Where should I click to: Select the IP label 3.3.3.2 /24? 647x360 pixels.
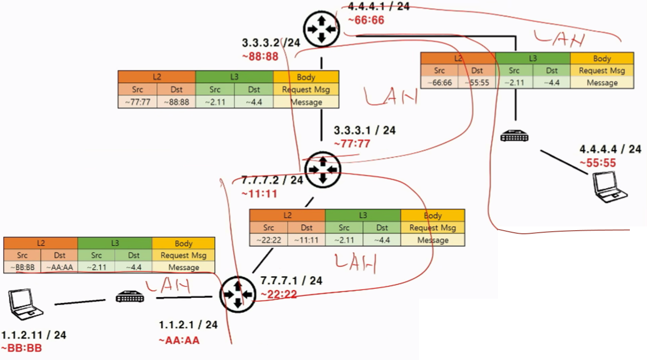271,43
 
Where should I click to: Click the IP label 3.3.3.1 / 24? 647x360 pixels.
364,130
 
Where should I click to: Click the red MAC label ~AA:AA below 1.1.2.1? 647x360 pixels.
179,341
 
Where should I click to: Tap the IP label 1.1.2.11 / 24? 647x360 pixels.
34,336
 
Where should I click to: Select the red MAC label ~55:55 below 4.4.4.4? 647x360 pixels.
597,163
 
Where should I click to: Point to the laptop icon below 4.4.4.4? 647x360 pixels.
610,186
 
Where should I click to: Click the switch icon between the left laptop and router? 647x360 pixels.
129,298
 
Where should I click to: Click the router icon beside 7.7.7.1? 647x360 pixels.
237,295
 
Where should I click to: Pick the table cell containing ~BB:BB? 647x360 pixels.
22,268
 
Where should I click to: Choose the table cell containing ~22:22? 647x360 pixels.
268,240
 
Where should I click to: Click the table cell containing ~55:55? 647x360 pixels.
476,83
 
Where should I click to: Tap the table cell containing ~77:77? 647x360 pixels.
138,102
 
